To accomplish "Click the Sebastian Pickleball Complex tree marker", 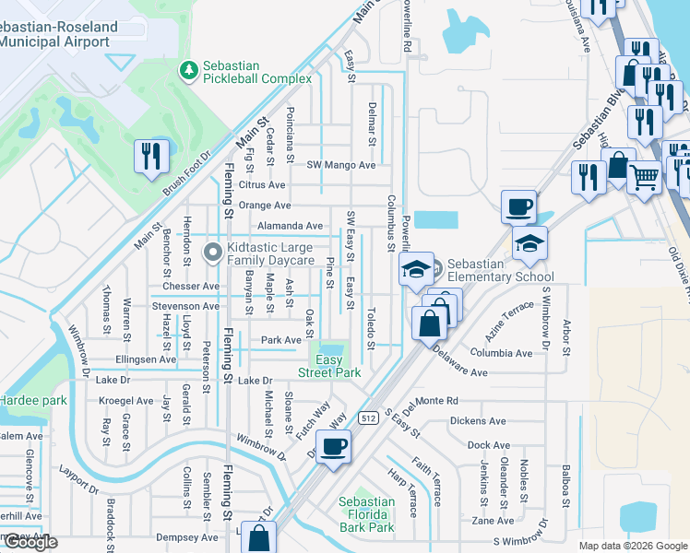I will (189, 70).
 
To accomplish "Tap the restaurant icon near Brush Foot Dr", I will (148, 156).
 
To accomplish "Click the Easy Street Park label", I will (328, 366).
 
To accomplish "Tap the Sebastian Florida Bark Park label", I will (366, 514).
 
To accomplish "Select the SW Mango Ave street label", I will (341, 165).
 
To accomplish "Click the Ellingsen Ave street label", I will (146, 359).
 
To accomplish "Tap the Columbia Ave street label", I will (501, 353).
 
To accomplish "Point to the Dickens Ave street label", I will (478, 421).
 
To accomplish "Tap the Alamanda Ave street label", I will (290, 225).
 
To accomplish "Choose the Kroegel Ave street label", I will (126, 401).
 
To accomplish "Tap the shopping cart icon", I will (645, 175).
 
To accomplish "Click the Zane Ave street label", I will (493, 520).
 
